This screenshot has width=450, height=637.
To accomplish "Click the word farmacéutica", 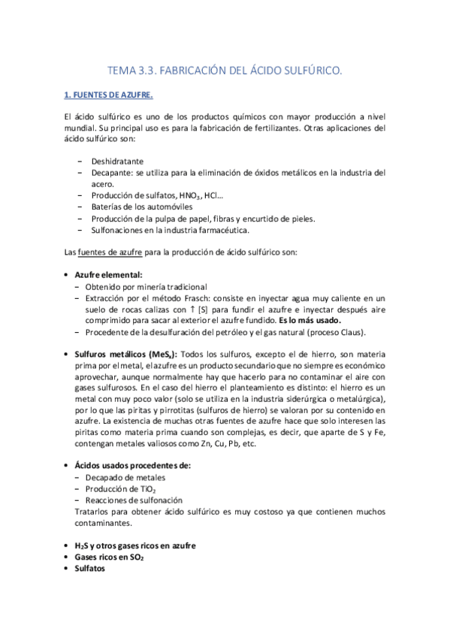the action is pyautogui.click(x=219, y=230).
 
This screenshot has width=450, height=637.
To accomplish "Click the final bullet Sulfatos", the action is pyautogui.click(x=90, y=569).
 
